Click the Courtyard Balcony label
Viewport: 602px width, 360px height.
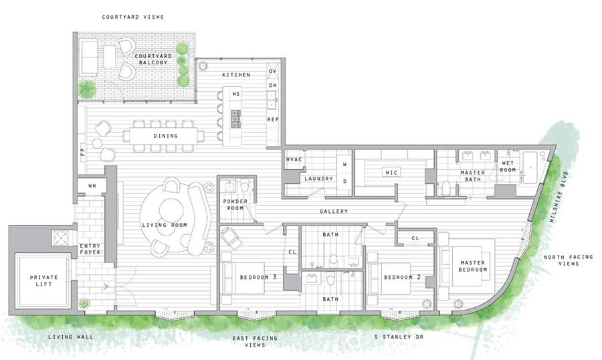coord(156,58)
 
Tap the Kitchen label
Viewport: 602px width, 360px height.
coord(237,75)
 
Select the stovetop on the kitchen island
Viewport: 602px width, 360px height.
coord(235,118)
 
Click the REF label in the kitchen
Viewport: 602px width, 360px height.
coord(272,119)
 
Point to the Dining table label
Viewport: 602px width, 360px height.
coord(166,136)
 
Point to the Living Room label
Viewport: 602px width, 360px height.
coord(164,225)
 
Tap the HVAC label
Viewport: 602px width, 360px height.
coord(295,161)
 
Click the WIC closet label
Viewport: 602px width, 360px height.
coord(391,173)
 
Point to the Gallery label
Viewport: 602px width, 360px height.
coord(334,211)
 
